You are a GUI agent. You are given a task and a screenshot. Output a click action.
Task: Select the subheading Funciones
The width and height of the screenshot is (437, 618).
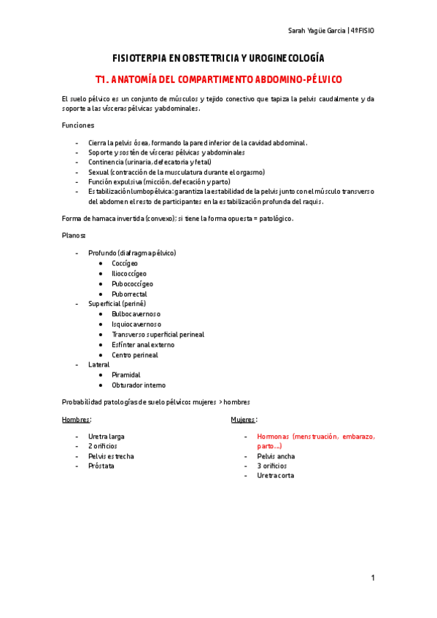(x=78, y=125)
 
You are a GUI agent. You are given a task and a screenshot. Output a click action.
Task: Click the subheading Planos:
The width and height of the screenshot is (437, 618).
(x=74, y=236)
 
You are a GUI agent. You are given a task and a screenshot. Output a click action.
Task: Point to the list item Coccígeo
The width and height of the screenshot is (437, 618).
(x=125, y=263)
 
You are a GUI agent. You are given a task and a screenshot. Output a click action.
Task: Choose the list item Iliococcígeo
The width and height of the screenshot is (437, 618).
(x=129, y=273)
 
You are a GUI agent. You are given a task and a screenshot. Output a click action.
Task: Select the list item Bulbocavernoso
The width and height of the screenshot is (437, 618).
(x=136, y=314)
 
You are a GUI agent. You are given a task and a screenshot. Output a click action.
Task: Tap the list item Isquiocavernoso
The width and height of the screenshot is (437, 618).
(x=136, y=324)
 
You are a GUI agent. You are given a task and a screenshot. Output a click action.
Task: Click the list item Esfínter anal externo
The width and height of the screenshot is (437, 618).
(x=145, y=345)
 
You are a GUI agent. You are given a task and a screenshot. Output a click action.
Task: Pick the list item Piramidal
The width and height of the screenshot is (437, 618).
(x=126, y=375)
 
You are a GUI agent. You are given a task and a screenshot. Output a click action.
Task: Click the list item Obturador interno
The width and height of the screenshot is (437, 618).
(x=139, y=385)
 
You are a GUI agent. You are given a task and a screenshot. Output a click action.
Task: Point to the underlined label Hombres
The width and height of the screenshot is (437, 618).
(x=76, y=421)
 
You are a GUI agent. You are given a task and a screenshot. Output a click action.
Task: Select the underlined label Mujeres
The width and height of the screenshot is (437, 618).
(x=243, y=421)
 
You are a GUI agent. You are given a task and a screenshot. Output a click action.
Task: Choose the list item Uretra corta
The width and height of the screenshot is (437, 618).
(x=276, y=476)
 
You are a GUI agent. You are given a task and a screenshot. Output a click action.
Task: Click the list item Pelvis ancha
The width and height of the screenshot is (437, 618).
(x=276, y=456)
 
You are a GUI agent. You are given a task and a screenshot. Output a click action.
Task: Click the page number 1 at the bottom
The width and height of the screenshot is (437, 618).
(x=372, y=578)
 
